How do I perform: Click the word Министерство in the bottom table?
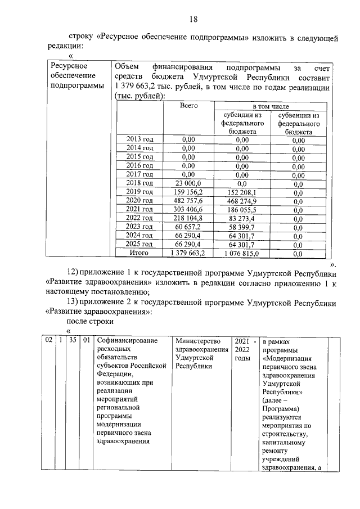196,340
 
